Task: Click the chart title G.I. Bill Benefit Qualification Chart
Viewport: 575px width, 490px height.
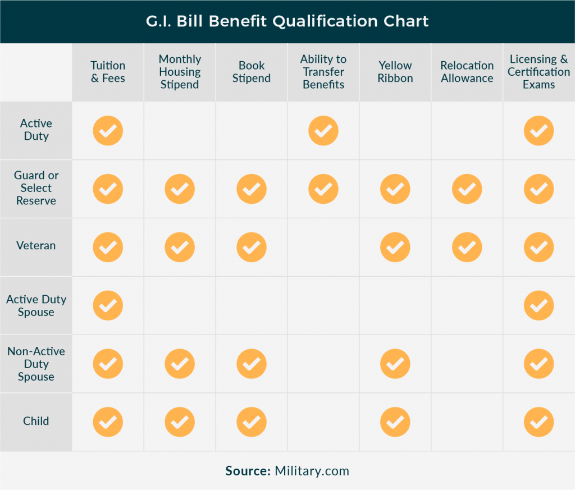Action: pyautogui.click(x=287, y=21)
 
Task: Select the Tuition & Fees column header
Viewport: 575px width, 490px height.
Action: pyautogui.click(x=108, y=72)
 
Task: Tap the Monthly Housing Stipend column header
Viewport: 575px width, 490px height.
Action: pyautogui.click(x=180, y=72)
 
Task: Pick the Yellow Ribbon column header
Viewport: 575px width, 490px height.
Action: pyautogui.click(x=395, y=72)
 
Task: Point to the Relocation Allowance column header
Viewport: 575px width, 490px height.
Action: pyautogui.click(x=467, y=72)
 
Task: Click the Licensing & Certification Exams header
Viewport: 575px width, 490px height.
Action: pyautogui.click(x=539, y=72)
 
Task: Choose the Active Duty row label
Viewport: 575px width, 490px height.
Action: pyautogui.click(x=36, y=130)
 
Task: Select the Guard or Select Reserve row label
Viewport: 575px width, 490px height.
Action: pyautogui.click(x=36, y=188)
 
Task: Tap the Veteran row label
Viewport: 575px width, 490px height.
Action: pyautogui.click(x=36, y=246)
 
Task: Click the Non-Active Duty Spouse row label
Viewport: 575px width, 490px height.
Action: pyautogui.click(x=36, y=364)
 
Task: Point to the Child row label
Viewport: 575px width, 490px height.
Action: pyautogui.click(x=36, y=421)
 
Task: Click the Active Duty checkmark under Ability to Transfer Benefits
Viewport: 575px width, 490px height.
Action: pyautogui.click(x=323, y=131)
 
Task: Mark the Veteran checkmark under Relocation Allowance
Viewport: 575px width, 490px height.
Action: pyautogui.click(x=467, y=247)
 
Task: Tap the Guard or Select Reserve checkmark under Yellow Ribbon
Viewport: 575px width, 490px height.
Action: pyautogui.click(x=395, y=189)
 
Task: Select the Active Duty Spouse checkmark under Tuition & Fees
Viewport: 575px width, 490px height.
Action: pyautogui.click(x=108, y=305)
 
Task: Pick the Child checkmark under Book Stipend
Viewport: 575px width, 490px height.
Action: pyautogui.click(x=252, y=422)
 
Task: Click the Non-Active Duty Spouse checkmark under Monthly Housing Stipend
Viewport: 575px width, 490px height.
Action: pyautogui.click(x=180, y=364)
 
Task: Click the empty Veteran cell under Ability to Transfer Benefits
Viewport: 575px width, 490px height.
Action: pyautogui.click(x=323, y=247)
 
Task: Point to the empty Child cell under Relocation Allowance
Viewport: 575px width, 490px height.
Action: pyautogui.click(x=467, y=422)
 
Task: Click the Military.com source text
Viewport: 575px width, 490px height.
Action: pyautogui.click(x=312, y=471)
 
